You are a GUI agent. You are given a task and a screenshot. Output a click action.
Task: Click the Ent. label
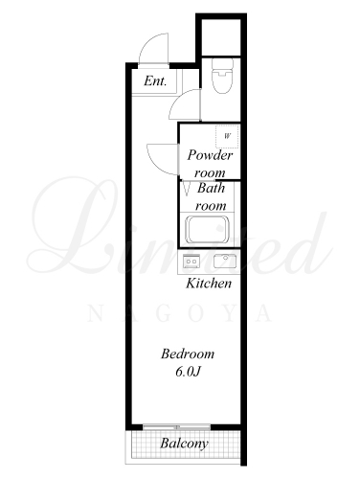(155, 80)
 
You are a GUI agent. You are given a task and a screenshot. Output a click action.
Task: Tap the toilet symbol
(222, 76)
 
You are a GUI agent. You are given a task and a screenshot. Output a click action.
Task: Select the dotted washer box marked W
(227, 136)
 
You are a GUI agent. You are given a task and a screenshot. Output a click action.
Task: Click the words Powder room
(210, 164)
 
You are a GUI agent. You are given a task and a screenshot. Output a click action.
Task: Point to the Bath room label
(211, 196)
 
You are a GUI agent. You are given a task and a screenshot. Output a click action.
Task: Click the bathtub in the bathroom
(208, 230)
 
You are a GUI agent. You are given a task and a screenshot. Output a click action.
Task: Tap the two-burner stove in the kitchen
(191, 262)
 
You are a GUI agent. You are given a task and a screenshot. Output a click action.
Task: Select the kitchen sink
(225, 262)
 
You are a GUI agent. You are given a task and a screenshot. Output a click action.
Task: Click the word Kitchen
(209, 284)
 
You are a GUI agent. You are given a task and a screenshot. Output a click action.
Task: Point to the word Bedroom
(188, 354)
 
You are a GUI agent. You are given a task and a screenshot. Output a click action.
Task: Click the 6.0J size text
(188, 372)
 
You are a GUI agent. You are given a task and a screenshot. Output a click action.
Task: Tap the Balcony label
(185, 444)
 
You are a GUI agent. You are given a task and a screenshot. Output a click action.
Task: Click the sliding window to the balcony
(176, 426)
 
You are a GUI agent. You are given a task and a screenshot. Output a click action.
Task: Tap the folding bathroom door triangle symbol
(187, 189)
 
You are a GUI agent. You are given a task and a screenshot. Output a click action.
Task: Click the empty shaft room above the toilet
(221, 37)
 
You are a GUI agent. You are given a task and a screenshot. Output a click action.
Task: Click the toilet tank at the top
(222, 64)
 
